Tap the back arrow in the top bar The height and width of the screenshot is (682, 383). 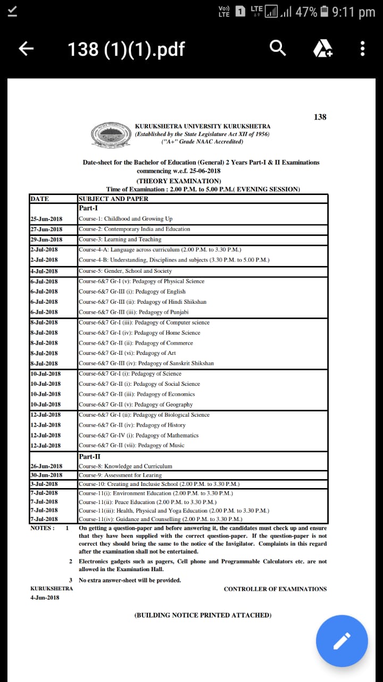pyautogui.click(x=26, y=49)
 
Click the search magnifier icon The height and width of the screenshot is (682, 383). pyautogui.click(x=278, y=49)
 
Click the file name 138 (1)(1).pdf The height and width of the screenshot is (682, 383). pyautogui.click(x=126, y=49)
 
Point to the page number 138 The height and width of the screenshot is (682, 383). pyautogui.click(x=320, y=117)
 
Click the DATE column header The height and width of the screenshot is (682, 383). pyautogui.click(x=40, y=199)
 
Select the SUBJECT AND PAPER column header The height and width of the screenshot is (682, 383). pyautogui.click(x=113, y=199)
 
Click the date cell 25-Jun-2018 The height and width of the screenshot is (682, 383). pyautogui.click(x=46, y=219)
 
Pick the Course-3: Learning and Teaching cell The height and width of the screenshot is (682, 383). pyautogui.click(x=120, y=239)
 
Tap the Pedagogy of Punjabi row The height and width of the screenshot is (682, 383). pyautogui.click(x=134, y=312)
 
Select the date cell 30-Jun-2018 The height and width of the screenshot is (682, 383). pyautogui.click(x=46, y=475)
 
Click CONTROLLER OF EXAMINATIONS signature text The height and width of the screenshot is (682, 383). pyautogui.click(x=275, y=589)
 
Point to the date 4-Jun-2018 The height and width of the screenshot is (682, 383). pyautogui.click(x=45, y=597)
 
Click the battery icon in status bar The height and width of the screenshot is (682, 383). pyautogui.click(x=324, y=12)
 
